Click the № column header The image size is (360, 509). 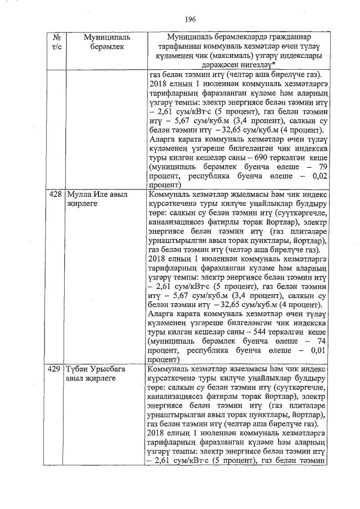click(56, 37)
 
